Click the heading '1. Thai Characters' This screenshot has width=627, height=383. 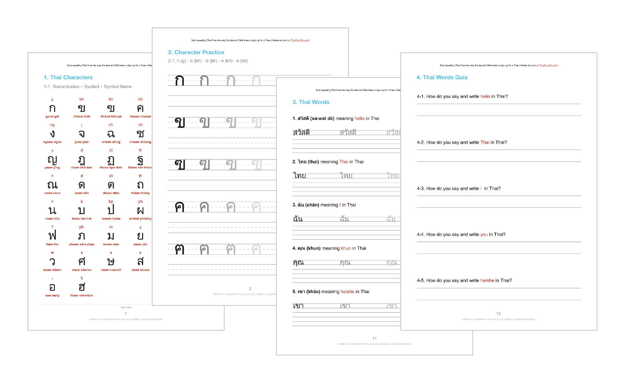tap(68, 77)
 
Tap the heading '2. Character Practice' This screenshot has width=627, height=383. tap(196, 52)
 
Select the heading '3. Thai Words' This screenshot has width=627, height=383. tap(311, 102)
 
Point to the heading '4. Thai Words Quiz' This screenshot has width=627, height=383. tap(442, 77)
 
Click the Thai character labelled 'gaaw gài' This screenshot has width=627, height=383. tap(52, 108)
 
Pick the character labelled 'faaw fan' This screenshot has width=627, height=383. tap(52, 236)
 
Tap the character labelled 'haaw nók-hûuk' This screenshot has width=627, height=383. tap(82, 287)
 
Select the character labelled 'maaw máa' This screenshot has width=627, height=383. tap(111, 236)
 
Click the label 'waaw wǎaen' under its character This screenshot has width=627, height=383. tap(52, 270)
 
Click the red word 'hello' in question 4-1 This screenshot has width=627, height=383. tap(485, 96)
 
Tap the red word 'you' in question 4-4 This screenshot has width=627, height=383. tap(484, 234)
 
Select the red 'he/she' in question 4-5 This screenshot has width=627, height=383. tap(487, 280)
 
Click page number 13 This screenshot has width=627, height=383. tap(498, 313)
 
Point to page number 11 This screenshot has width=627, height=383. tap(375, 338)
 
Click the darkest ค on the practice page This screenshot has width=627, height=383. tap(180, 207)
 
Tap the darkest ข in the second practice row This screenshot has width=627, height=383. tap(180, 122)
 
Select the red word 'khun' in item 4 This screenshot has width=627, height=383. tap(346, 248)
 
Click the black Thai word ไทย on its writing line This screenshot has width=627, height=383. tap(300, 175)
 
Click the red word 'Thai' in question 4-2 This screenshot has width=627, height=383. tap(485, 142)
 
